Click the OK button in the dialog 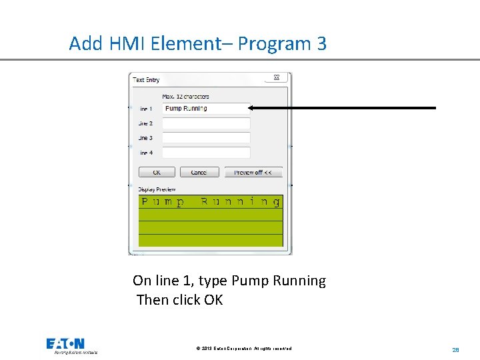click(157, 172)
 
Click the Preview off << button click(253, 172)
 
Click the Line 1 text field click(206, 109)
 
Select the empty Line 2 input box click(206, 123)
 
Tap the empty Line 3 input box click(206, 138)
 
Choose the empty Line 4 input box click(206, 153)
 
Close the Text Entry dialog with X click(277, 78)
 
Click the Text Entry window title click(147, 80)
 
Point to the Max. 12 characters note click(185, 97)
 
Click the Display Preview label click(157, 189)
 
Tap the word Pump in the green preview click(163, 202)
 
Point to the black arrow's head click(254, 107)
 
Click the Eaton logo click(65, 344)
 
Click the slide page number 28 click(456, 349)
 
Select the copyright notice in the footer click(244, 349)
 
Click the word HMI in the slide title click(125, 44)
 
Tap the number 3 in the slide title click(322, 44)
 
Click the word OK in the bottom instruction click(213, 300)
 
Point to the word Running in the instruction click(299, 281)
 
